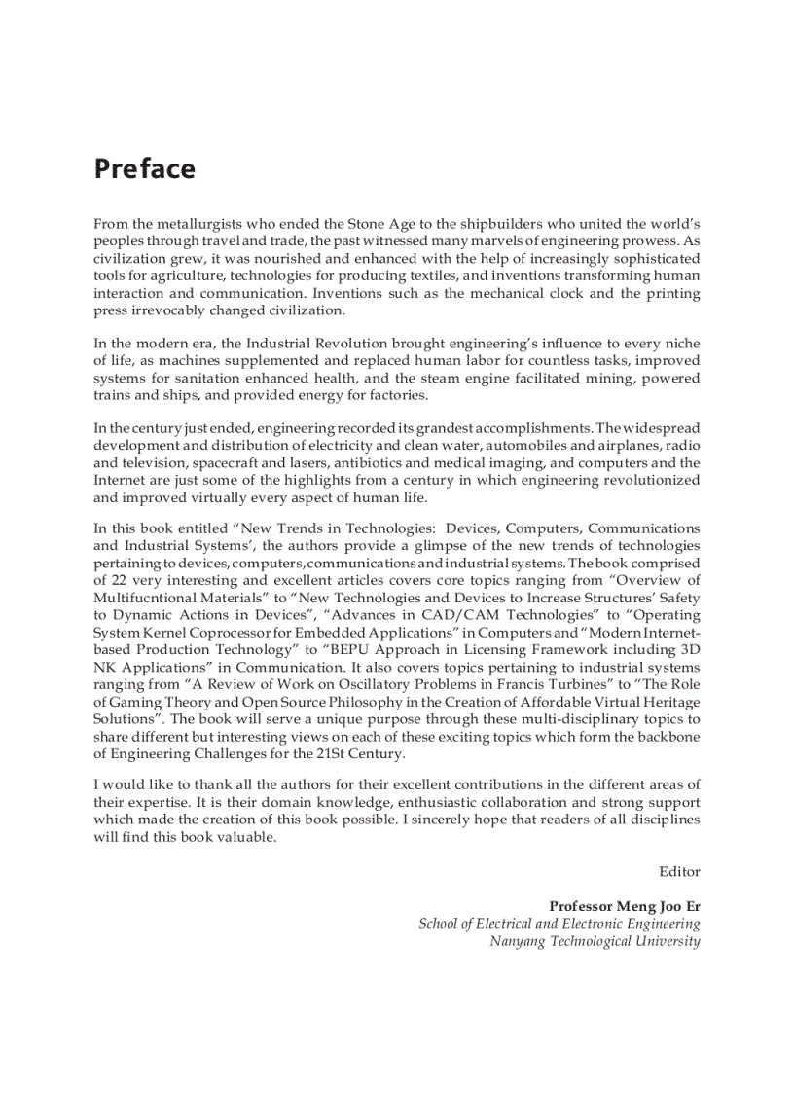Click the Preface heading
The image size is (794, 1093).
[144, 168]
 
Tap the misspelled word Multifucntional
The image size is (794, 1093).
[145, 598]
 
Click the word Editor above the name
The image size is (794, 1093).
[679, 871]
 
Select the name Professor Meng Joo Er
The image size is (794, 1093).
[624, 906]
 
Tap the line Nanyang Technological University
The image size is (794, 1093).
[595, 941]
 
